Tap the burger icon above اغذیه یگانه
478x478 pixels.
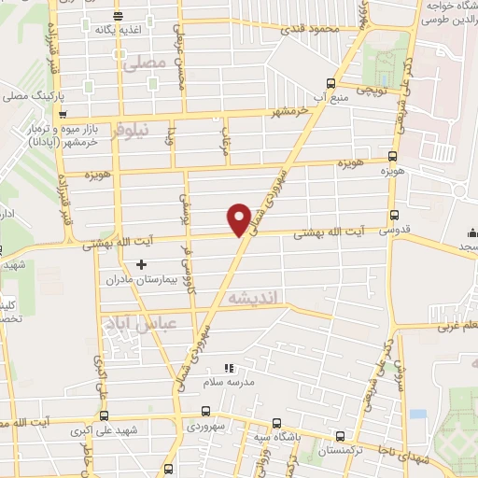118,16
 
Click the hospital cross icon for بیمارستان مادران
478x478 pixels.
142,264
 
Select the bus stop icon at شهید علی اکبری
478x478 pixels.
104,415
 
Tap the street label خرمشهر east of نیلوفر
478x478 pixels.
284,113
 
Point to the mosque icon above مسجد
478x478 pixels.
472,232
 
